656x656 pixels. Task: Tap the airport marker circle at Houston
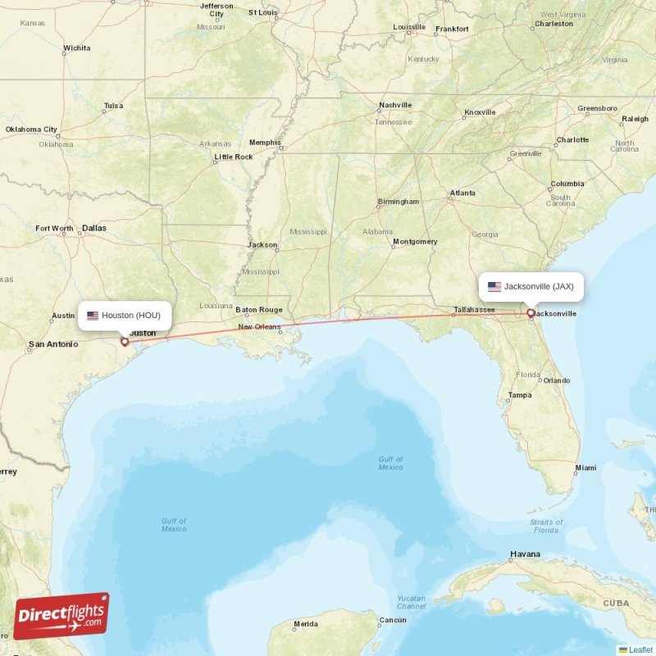(x=125, y=342)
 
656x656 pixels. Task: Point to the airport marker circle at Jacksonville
(x=531, y=312)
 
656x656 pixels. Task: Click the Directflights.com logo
(x=61, y=616)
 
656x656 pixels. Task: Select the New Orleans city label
(x=259, y=327)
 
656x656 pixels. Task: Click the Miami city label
(x=585, y=468)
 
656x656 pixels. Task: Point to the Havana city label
(x=525, y=554)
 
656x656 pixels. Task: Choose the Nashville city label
(x=395, y=106)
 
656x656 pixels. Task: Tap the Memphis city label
(x=265, y=142)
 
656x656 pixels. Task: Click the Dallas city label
(x=94, y=228)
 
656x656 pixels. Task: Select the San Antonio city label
(x=53, y=344)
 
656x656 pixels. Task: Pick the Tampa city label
(x=520, y=395)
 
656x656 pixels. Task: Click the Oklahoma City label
(x=31, y=130)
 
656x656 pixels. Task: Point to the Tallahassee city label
(x=475, y=310)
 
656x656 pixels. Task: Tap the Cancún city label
(x=393, y=620)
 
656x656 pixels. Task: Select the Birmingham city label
(x=399, y=202)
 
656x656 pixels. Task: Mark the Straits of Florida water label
(x=546, y=526)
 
